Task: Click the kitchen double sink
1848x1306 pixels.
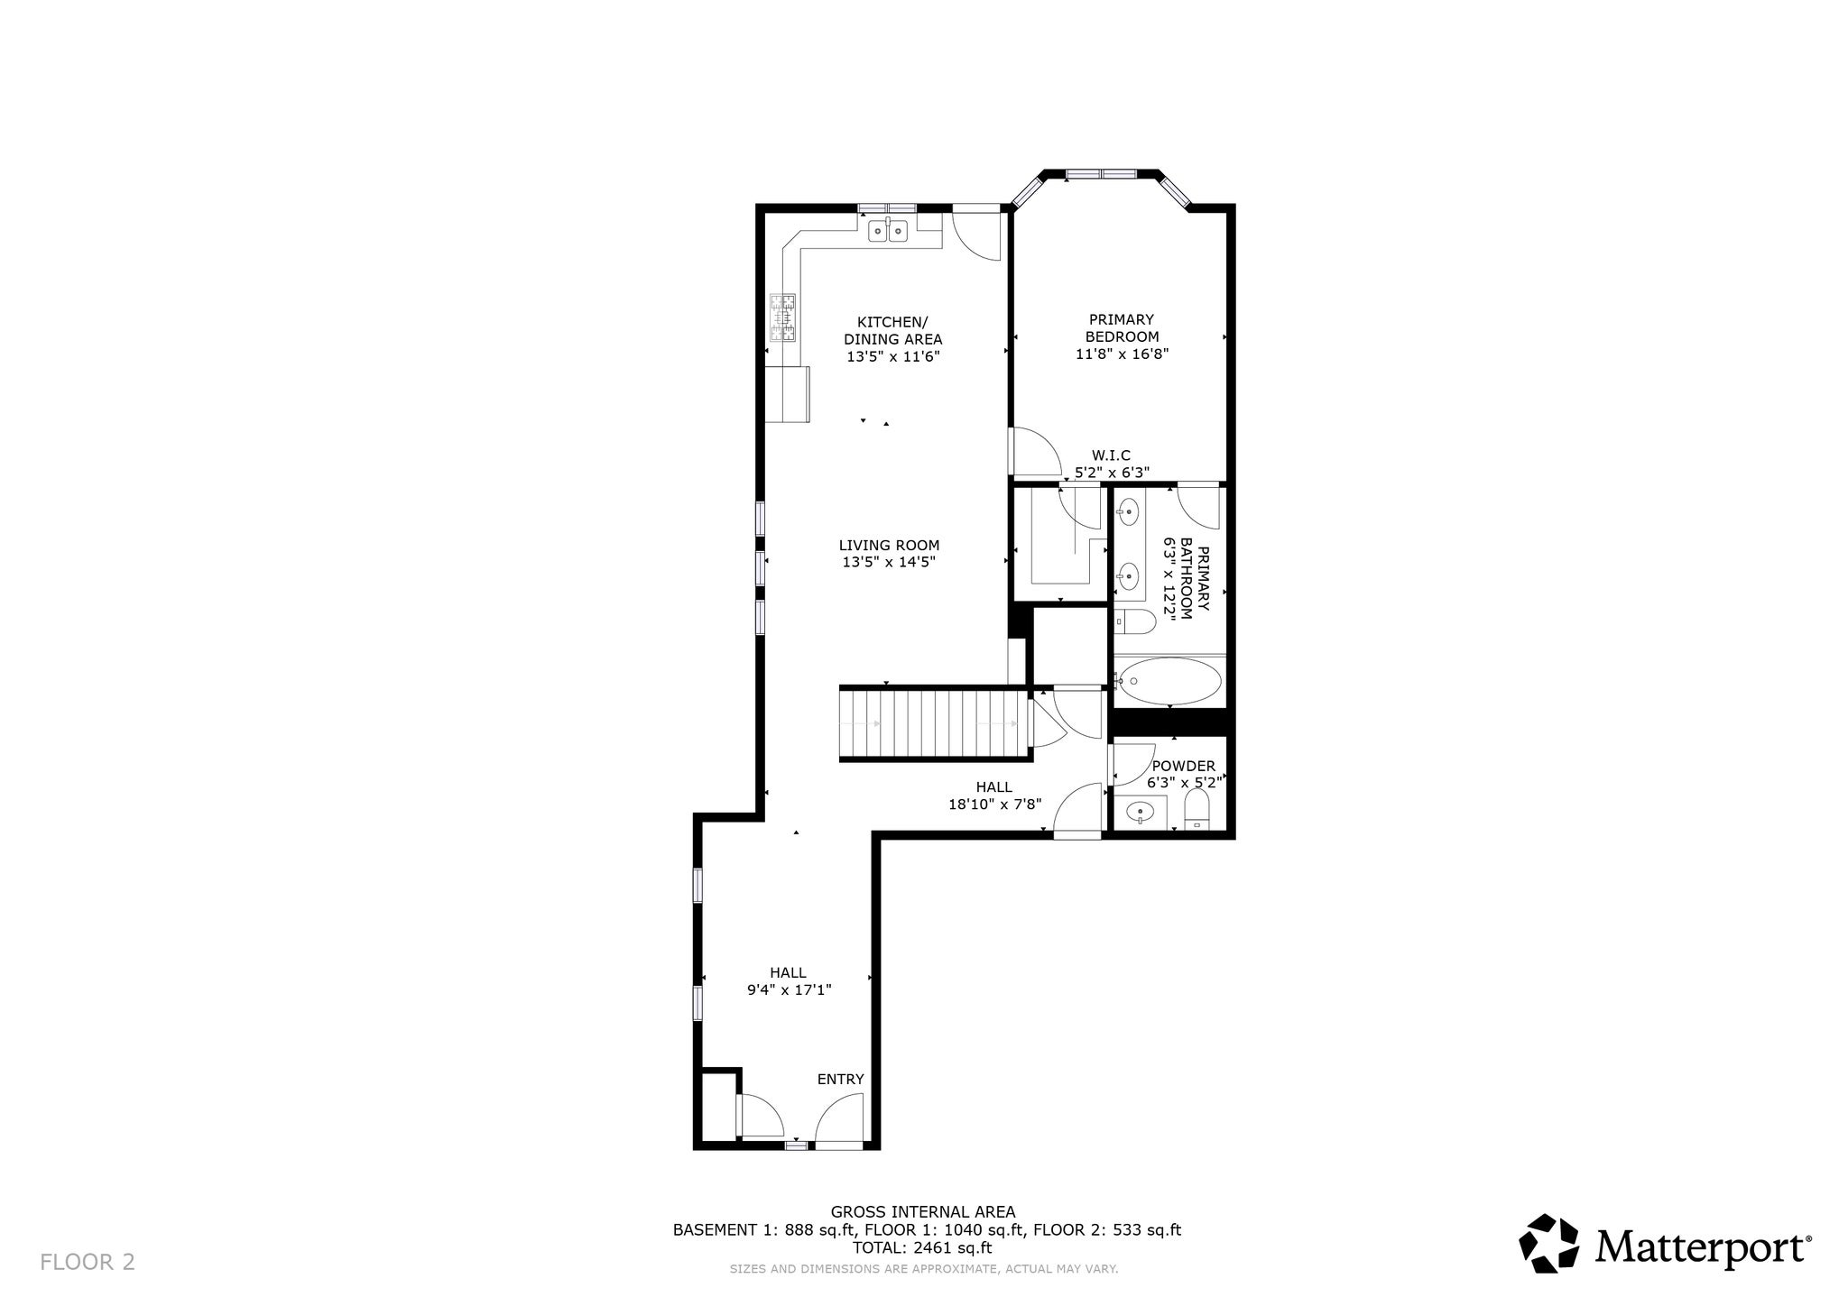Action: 888,231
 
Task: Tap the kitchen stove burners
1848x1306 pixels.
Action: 783,317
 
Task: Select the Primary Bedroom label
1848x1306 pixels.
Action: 1122,327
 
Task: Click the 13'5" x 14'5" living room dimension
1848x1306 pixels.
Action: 889,562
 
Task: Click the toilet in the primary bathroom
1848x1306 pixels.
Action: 1135,621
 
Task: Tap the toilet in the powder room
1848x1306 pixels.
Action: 1197,809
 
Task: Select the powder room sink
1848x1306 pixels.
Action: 1141,813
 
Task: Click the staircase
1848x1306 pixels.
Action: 934,723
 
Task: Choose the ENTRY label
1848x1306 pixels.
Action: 840,1079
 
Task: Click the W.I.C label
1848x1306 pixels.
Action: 1111,455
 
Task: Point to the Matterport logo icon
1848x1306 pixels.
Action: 1549,1243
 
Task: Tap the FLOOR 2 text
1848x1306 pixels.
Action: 88,1262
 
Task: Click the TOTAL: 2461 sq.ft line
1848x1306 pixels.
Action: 922,1248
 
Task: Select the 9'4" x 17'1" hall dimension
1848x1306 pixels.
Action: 789,989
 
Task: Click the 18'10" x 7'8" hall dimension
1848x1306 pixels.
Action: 994,804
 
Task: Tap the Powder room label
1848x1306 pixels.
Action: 1183,766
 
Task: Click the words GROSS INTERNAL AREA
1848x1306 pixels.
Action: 923,1212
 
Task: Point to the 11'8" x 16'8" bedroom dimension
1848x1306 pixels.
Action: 1122,354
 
